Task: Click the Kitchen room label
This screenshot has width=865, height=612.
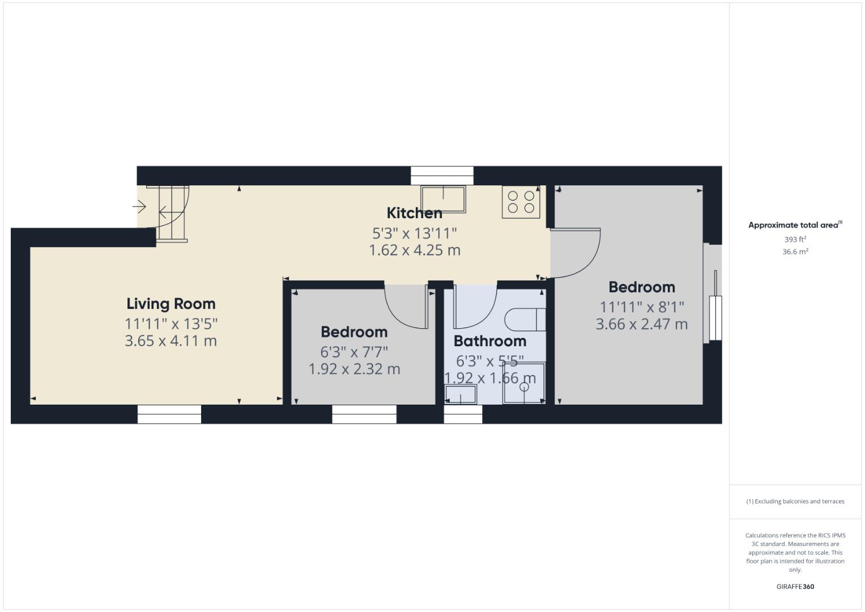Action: [414, 213]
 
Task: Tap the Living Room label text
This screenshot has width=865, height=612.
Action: [171, 304]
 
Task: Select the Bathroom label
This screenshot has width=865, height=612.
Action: [489, 341]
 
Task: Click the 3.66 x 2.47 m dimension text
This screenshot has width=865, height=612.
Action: [641, 324]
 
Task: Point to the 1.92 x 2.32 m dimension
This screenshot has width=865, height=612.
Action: [354, 369]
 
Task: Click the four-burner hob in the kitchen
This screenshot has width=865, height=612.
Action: [521, 202]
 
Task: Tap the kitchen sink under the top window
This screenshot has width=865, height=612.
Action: [442, 198]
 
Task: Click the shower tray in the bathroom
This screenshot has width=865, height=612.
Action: [524, 384]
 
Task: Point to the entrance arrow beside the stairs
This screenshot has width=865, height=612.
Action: [139, 207]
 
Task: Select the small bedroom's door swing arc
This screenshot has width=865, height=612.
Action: [405, 306]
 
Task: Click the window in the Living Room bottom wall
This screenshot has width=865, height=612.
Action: [169, 414]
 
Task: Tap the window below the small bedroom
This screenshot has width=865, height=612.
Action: [364, 414]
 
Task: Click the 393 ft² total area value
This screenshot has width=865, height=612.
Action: [795, 239]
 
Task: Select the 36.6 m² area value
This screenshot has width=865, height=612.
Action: [795, 252]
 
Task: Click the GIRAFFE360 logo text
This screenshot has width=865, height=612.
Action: [795, 586]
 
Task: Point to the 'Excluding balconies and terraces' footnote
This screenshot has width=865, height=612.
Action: [795, 501]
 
